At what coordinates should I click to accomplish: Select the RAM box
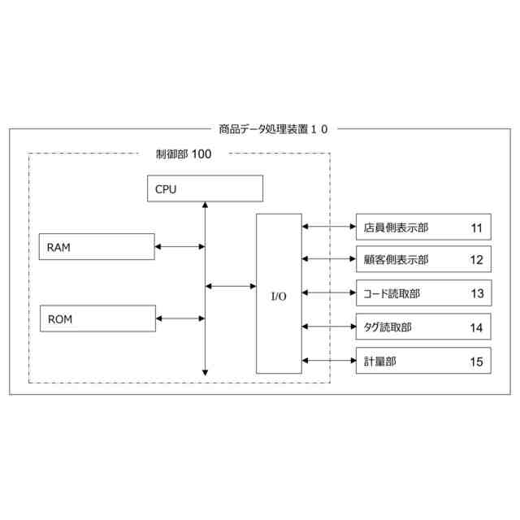coord(97,246)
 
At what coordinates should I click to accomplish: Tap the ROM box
coord(97,318)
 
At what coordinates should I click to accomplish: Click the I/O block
coord(279,294)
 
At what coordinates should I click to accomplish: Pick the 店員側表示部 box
coord(422,227)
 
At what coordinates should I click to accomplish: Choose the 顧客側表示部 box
coord(422,260)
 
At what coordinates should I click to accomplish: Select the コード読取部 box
coord(422,293)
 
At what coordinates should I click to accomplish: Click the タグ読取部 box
coord(422,327)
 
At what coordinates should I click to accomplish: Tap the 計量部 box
coord(422,360)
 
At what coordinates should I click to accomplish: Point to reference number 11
coord(476,227)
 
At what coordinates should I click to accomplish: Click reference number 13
coord(476,293)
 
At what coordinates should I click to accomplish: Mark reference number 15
coord(476,360)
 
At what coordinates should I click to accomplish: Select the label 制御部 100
coord(183,154)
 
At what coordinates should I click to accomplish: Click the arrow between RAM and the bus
coord(180,246)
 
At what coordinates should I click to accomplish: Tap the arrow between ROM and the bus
coord(180,318)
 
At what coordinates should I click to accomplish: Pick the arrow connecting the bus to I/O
coord(231,286)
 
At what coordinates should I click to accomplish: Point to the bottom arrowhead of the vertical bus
coord(205,372)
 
